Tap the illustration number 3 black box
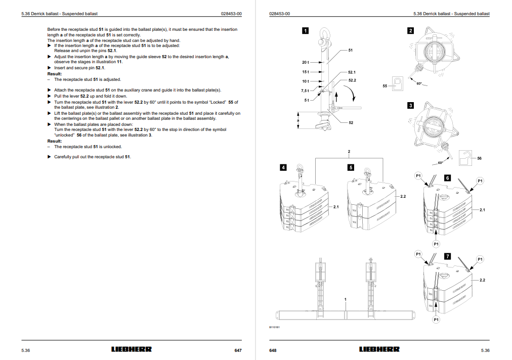click(x=411, y=105)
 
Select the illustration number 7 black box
click(x=447, y=256)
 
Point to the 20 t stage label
click(x=305, y=62)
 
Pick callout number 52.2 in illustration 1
click(x=352, y=80)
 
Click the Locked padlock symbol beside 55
click(x=398, y=84)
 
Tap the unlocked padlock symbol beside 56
click(x=464, y=158)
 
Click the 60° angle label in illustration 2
click(x=419, y=84)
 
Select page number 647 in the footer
click(x=238, y=350)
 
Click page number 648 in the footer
click(x=273, y=350)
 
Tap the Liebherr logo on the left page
click(x=131, y=349)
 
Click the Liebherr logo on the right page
click(x=379, y=349)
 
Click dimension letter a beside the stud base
click(x=298, y=120)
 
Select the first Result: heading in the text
click(x=55, y=74)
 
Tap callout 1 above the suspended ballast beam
click(x=346, y=299)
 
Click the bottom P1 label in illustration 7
click(x=436, y=320)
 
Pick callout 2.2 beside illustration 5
click(x=403, y=196)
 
